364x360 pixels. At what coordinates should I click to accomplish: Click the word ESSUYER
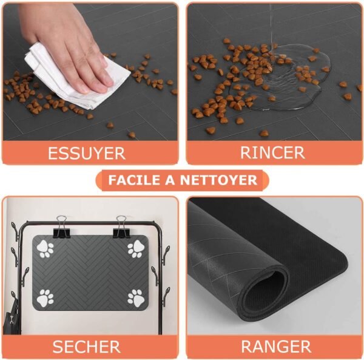click(x=86, y=152)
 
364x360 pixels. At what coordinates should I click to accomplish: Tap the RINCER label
click(x=272, y=152)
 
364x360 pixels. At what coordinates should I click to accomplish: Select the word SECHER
click(x=86, y=347)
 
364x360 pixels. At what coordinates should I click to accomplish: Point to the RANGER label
click(x=276, y=347)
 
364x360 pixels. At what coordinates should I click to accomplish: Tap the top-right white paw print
click(x=135, y=249)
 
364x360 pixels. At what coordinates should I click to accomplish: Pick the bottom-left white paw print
click(x=45, y=297)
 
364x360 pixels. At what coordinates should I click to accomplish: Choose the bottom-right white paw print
click(x=135, y=297)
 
